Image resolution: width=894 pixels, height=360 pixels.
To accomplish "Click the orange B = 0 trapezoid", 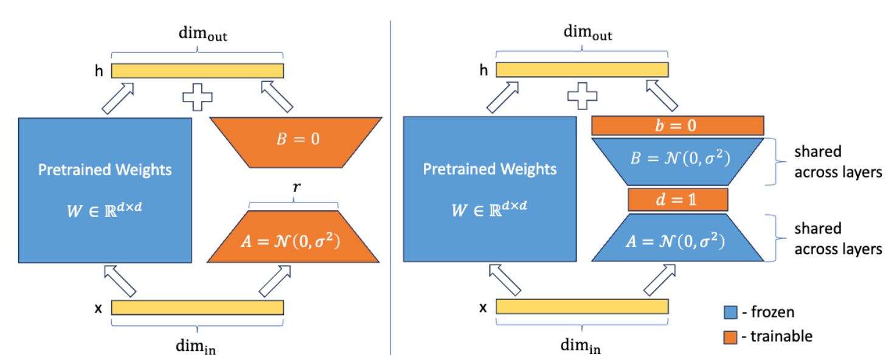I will tap(296, 139).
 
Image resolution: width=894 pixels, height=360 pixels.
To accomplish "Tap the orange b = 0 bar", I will tap(677, 126).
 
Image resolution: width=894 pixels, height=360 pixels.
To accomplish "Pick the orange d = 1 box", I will tap(677, 198).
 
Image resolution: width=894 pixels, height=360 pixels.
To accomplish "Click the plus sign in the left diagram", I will tap(197, 98).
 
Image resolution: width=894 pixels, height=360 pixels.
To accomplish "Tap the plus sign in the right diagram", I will tap(581, 98).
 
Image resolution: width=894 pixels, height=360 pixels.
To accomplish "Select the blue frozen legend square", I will tap(730, 312).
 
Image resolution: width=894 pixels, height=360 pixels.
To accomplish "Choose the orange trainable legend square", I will tap(730, 336).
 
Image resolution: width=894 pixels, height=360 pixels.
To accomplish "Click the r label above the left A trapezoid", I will tap(296, 189).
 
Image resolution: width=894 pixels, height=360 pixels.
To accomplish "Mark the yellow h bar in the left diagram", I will tap(198, 71).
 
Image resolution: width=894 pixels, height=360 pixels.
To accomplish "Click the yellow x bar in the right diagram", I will tap(582, 307).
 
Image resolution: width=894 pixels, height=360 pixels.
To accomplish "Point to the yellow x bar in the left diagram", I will tap(198, 307).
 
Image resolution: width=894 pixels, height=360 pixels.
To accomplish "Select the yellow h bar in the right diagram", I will tap(582, 71).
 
